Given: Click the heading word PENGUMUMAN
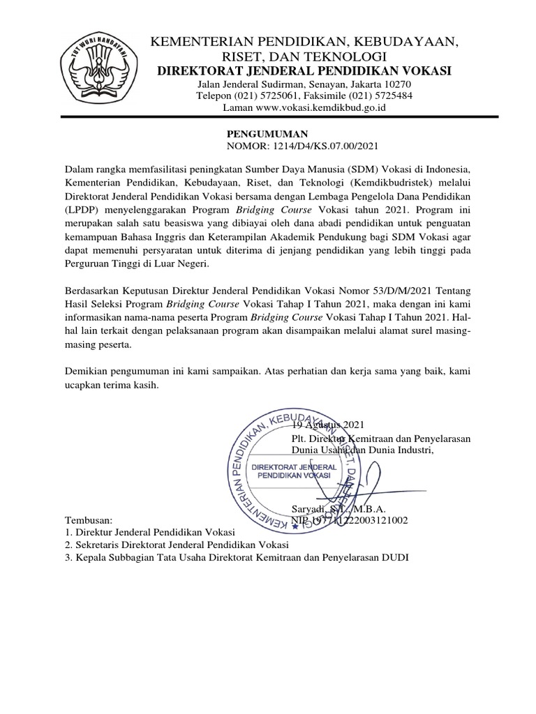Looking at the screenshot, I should point(269,133).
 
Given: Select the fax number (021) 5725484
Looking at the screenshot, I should point(378,96).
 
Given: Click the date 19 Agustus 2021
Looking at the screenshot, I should point(328,425).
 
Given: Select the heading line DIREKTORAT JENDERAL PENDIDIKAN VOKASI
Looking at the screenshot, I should point(304,70).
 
